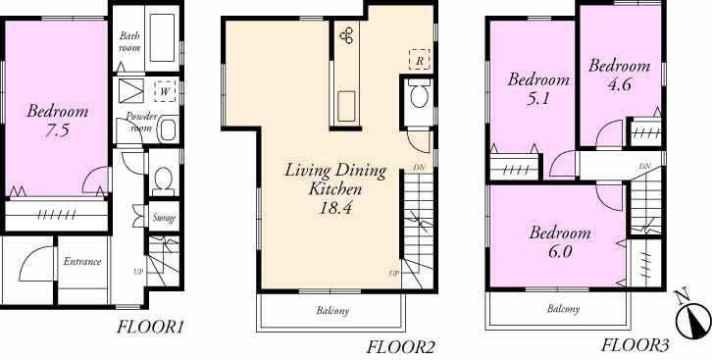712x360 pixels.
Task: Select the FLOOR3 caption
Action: pos(634,344)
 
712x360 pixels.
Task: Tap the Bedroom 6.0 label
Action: pos(560,242)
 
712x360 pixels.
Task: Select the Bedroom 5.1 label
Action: pos(537,88)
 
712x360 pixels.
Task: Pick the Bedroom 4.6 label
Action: pos(619,75)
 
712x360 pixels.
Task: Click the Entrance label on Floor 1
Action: pos(82,262)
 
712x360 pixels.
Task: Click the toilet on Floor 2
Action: pos(419,96)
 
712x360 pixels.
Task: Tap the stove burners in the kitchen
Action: pos(347,36)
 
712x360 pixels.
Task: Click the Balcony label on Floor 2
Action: pos(331,311)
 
